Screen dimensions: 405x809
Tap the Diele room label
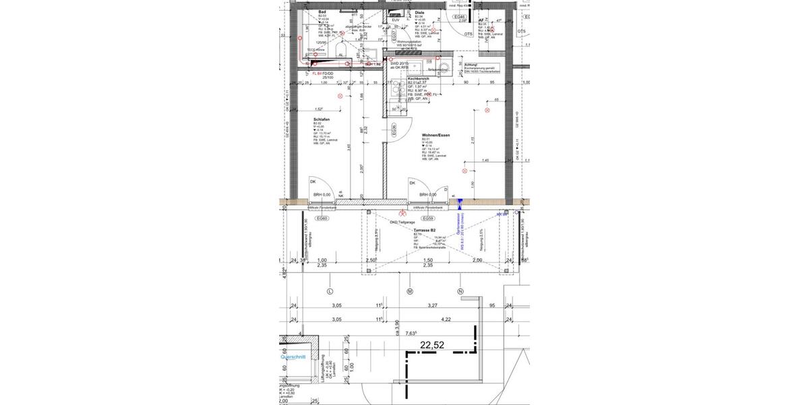419,13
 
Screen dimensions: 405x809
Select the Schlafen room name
322,119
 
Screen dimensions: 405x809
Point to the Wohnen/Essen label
436,135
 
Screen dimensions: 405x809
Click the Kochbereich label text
419,79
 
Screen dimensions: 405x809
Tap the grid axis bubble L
330,292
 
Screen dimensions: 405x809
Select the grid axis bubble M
409,292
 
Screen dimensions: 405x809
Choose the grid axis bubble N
460,292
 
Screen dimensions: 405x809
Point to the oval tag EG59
427,219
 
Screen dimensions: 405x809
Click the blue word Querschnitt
293,357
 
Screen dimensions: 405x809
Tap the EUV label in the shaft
396,20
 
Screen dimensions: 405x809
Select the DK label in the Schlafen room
313,182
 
